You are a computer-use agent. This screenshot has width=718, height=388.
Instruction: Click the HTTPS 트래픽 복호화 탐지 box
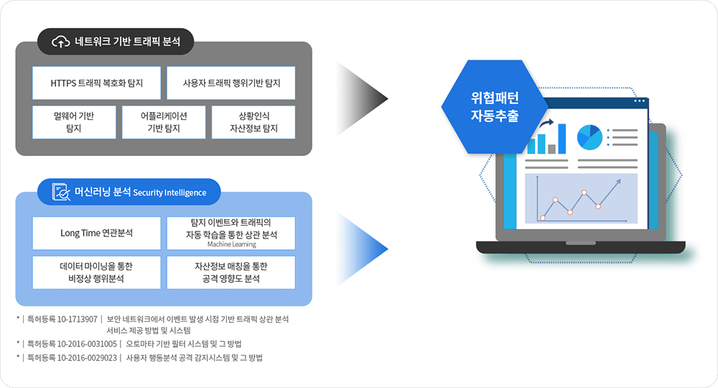pos(96,83)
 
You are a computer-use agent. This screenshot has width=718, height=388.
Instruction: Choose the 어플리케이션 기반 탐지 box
pos(163,122)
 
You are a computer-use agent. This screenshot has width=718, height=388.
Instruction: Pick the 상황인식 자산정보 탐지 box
pos(253,122)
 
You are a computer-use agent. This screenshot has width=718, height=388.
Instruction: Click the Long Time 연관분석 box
pos(96,234)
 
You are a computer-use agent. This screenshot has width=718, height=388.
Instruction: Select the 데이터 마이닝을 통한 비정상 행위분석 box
pos(96,272)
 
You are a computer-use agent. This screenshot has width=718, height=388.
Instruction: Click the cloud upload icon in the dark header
pos(61,42)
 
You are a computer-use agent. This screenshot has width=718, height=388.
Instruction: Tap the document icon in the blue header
pos(61,193)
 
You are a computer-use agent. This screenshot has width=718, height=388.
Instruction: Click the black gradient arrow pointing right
pos(363,94)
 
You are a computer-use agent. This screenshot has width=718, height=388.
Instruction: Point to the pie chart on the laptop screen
pos(589,136)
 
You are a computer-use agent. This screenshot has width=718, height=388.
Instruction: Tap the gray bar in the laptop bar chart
pos(551,149)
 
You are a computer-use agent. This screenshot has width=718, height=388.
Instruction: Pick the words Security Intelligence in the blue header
pos(169,193)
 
